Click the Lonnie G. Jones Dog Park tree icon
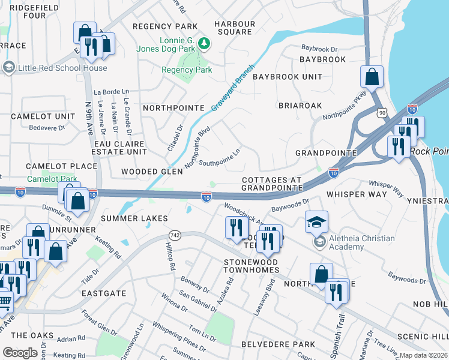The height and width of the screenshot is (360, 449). [205, 43]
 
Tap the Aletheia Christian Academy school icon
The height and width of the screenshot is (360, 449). [316, 221]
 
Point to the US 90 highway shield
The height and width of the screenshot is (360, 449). [382, 113]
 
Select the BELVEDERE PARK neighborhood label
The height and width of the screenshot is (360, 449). [278, 344]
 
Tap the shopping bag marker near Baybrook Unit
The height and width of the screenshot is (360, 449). [372, 77]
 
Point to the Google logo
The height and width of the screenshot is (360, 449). [20, 353]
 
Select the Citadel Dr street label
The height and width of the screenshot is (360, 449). [175, 138]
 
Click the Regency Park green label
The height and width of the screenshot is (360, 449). [187, 70]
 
